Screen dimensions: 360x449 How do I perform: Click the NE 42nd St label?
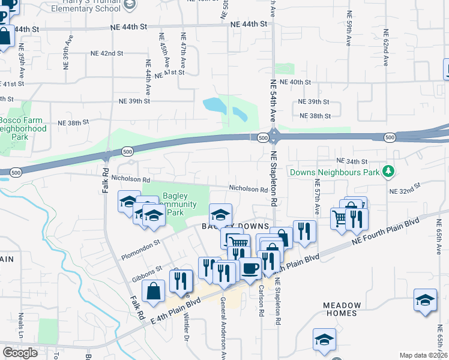coord(108,53)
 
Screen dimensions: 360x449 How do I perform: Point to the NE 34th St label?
coord(351,161)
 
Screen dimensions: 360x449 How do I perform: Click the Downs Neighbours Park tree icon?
coord(388,172)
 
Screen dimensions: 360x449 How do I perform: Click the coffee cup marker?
coord(250,269)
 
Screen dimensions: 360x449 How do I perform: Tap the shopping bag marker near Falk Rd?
coord(154,292)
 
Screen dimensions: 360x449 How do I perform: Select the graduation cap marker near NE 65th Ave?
coord(425,300)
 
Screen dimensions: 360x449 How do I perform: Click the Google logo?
coord(20,352)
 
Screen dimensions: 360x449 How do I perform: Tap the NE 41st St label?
coord(170,72)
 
